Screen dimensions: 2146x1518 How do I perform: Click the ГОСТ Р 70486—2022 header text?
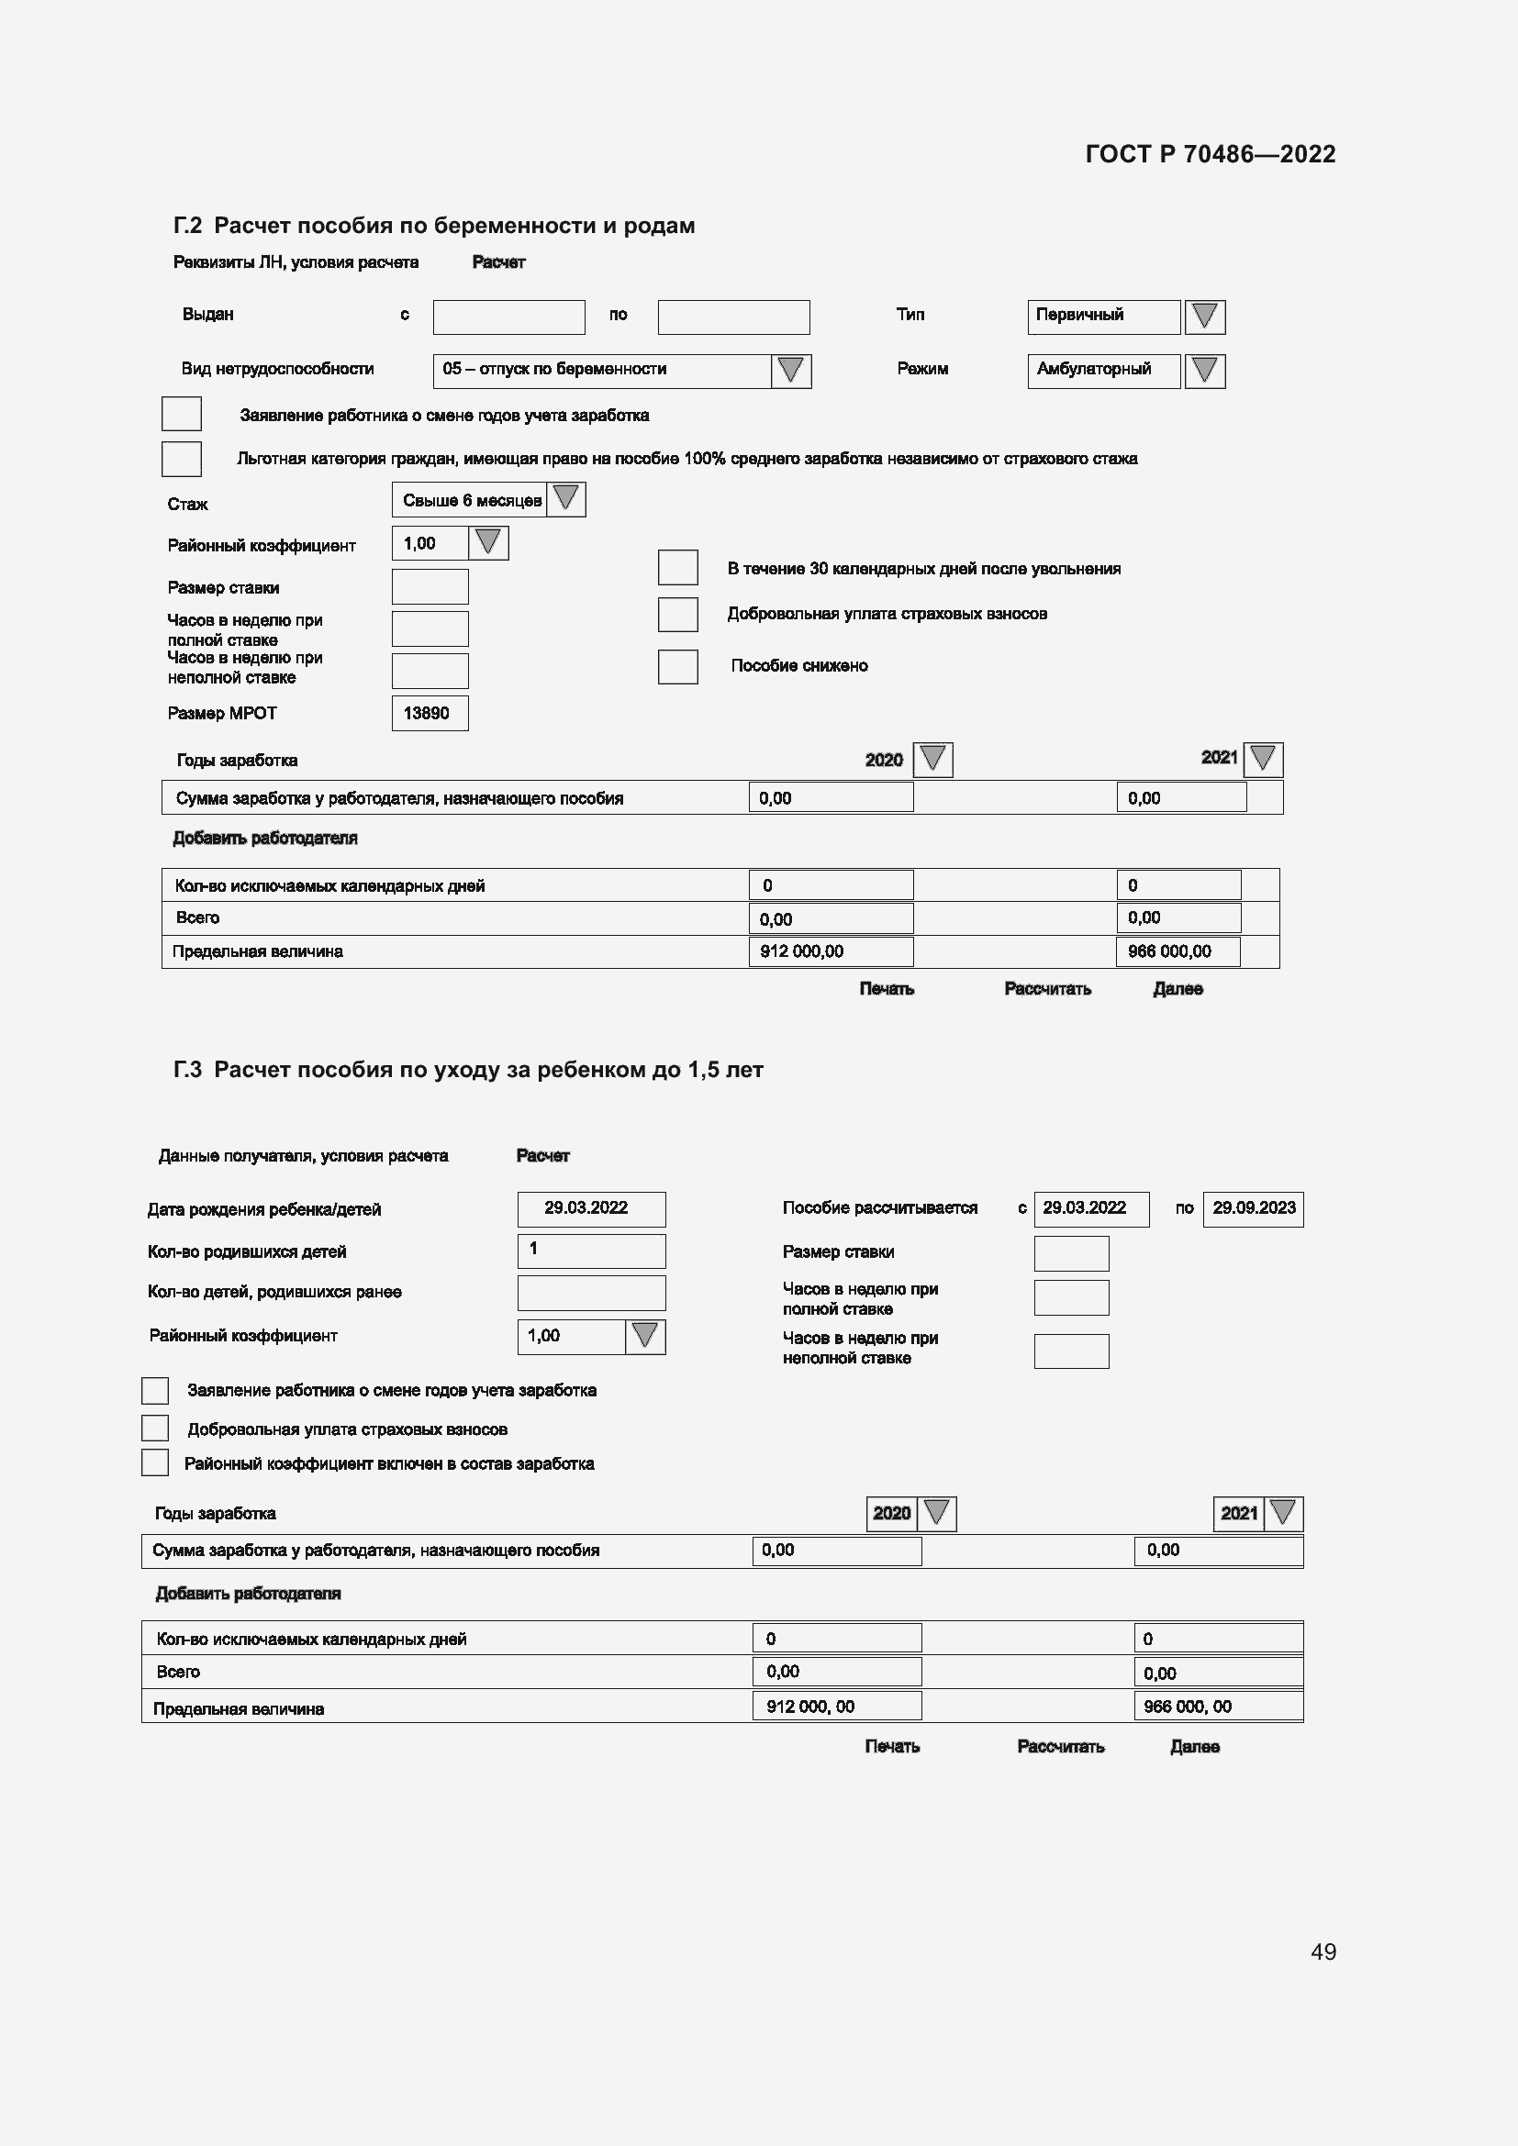coord(1210,154)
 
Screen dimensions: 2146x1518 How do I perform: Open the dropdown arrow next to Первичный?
coord(1204,316)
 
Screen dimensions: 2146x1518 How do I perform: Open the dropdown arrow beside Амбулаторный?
coord(1204,370)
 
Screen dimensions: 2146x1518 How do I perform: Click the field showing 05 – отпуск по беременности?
coord(602,370)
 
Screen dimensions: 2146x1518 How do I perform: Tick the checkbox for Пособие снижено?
coord(677,666)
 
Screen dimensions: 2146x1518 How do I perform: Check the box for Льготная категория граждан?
coord(182,459)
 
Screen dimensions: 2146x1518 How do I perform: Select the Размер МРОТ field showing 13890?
coord(430,713)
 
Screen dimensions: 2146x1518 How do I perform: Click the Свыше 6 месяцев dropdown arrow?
coord(565,499)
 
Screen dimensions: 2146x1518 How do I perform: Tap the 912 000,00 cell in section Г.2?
coord(830,951)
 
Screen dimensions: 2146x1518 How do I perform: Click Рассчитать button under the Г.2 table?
coord(1047,989)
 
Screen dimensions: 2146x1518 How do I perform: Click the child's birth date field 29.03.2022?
coord(591,1208)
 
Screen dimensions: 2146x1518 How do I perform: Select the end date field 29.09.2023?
coord(1253,1208)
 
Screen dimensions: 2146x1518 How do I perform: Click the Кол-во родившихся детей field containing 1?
coord(591,1251)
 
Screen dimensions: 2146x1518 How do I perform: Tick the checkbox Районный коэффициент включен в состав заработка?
coord(155,1462)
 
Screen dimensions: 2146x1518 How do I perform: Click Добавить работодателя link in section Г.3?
coord(248,1594)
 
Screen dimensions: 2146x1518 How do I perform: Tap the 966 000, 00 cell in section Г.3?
coord(1217,1707)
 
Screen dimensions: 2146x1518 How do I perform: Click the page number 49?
coord(1323,1951)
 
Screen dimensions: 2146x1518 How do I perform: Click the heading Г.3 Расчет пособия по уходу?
coord(467,1070)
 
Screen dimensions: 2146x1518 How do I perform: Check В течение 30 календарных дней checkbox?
coord(677,567)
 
